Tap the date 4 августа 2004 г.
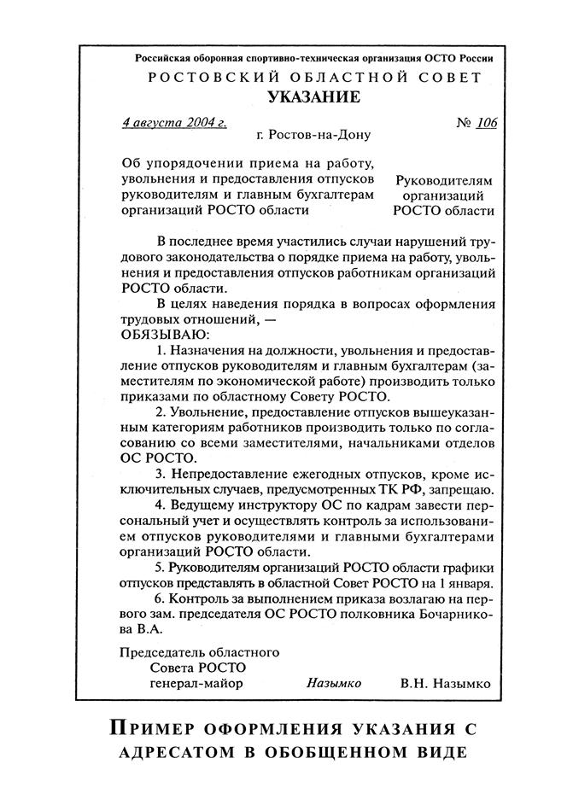174,122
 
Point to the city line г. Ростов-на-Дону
313,135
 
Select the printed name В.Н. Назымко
445,683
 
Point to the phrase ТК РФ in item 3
402,489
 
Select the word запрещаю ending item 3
461,489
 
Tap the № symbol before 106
463,122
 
